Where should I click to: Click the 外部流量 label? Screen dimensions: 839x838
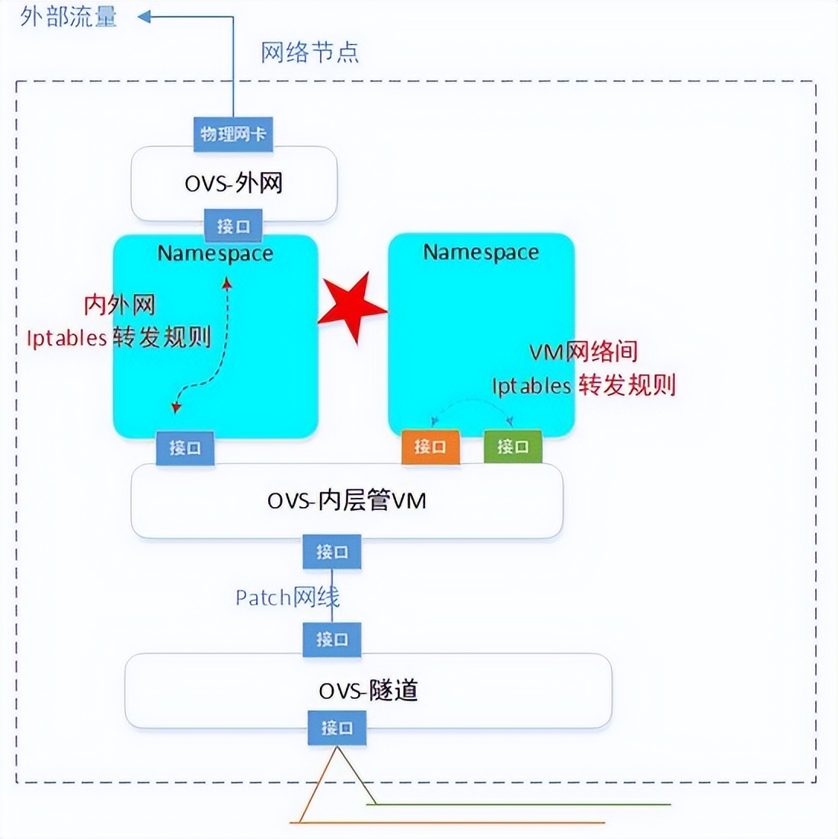point(69,17)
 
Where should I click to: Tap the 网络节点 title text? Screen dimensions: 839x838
point(309,53)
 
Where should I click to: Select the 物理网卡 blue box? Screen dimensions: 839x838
point(233,135)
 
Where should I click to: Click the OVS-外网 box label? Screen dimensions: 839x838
point(234,183)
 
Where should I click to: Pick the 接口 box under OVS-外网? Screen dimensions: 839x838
point(233,226)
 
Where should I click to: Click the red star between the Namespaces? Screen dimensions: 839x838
point(351,307)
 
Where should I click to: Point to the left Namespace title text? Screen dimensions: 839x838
point(215,254)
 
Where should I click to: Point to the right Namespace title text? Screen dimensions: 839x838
point(481,252)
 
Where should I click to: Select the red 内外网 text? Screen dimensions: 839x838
point(120,305)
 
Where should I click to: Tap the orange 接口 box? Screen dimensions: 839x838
point(430,447)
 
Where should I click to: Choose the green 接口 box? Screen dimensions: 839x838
point(513,447)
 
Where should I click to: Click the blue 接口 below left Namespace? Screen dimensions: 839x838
point(185,448)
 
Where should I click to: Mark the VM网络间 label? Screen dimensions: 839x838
point(583,352)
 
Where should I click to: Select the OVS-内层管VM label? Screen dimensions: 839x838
point(347,500)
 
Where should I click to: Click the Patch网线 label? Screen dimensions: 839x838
point(287,598)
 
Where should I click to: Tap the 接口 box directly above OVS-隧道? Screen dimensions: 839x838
point(332,640)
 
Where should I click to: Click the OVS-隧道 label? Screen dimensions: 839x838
point(368,691)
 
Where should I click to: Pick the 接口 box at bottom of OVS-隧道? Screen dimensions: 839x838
point(337,729)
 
